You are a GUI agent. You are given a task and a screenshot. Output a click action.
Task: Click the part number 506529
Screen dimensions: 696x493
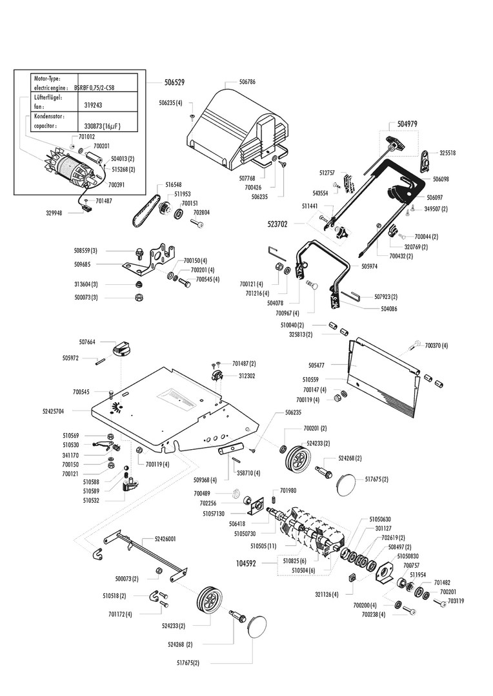(174, 82)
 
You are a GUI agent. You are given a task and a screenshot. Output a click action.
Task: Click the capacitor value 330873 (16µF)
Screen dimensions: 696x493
(103, 127)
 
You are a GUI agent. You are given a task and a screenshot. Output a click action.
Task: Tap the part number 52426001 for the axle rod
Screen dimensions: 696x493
(165, 538)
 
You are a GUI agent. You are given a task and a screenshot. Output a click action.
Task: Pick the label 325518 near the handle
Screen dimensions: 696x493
(448, 153)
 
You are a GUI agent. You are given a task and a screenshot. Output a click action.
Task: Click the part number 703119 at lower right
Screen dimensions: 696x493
(456, 601)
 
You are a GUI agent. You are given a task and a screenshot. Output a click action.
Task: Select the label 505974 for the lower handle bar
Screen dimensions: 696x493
(370, 266)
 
